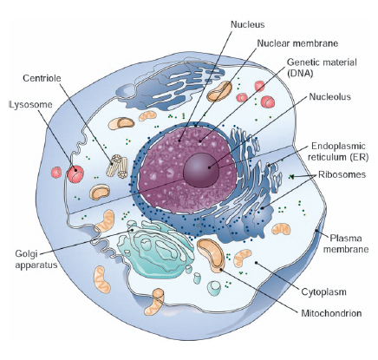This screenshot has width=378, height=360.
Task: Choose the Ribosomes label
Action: [344, 174]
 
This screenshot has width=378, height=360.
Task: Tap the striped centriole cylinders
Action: [118, 162]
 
